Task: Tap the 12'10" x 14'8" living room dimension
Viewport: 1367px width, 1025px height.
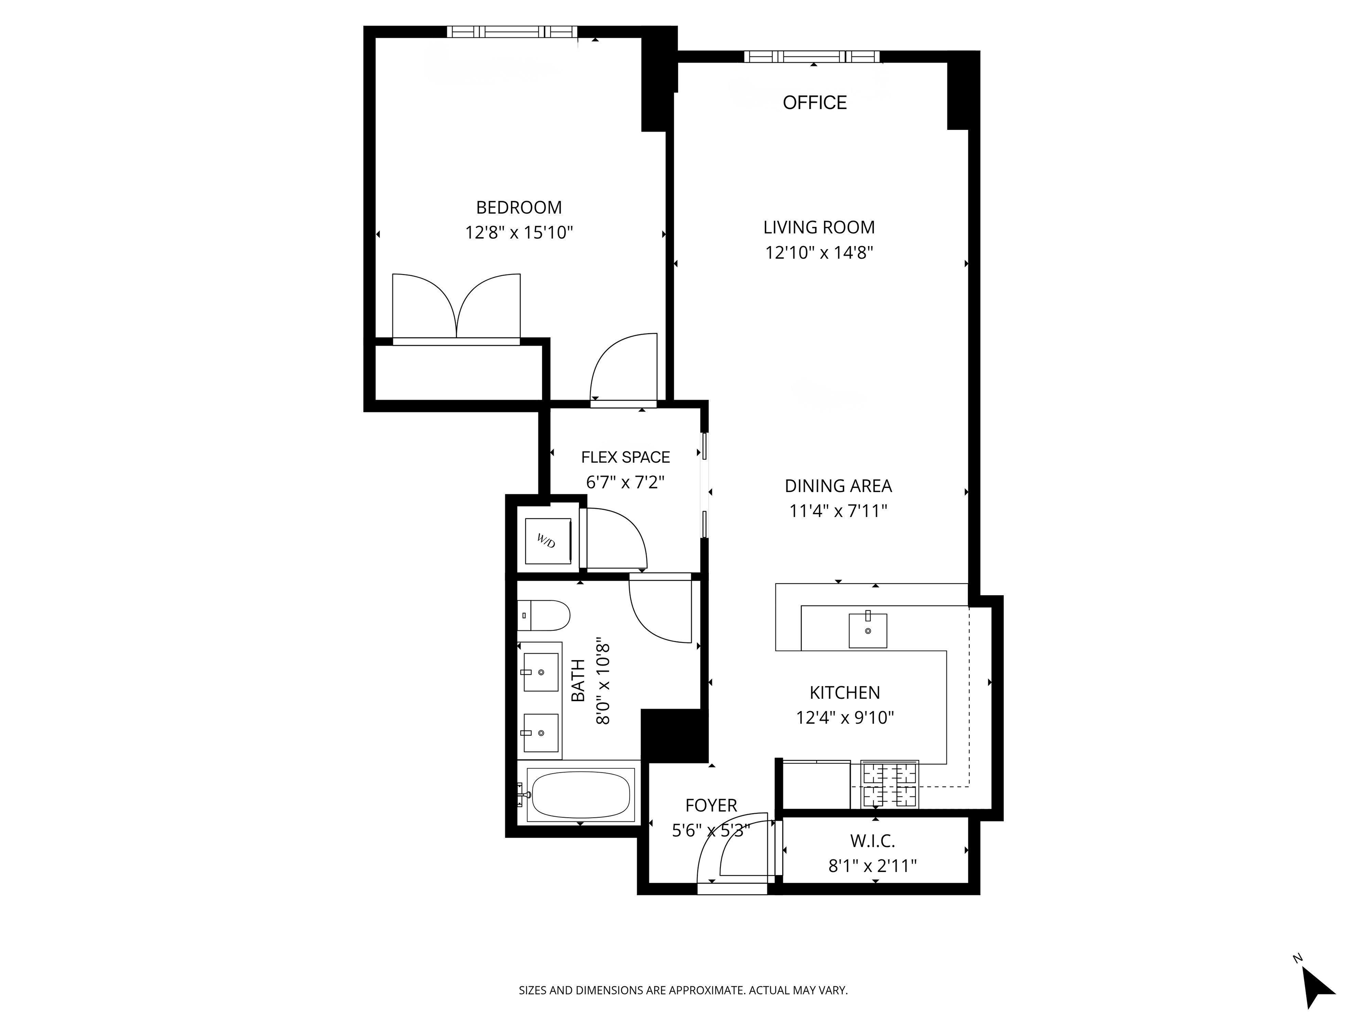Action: click(819, 253)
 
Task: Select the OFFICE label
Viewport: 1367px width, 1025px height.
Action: click(814, 103)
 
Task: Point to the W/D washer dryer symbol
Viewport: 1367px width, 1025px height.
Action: click(547, 541)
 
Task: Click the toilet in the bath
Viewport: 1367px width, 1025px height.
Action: click(544, 615)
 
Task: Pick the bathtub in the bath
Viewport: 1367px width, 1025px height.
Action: click(580, 795)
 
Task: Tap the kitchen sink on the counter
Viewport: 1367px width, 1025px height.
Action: click(868, 631)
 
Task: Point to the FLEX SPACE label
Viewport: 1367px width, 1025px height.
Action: click(625, 457)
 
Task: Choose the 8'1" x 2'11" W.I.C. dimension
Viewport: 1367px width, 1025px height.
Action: click(872, 866)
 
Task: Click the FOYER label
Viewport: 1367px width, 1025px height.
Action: click(711, 805)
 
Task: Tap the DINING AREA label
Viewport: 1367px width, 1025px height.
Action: click(838, 486)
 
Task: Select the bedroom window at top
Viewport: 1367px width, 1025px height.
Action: click(512, 32)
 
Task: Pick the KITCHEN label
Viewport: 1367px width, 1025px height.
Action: click(845, 693)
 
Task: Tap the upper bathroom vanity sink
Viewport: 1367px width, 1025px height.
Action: click(541, 672)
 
